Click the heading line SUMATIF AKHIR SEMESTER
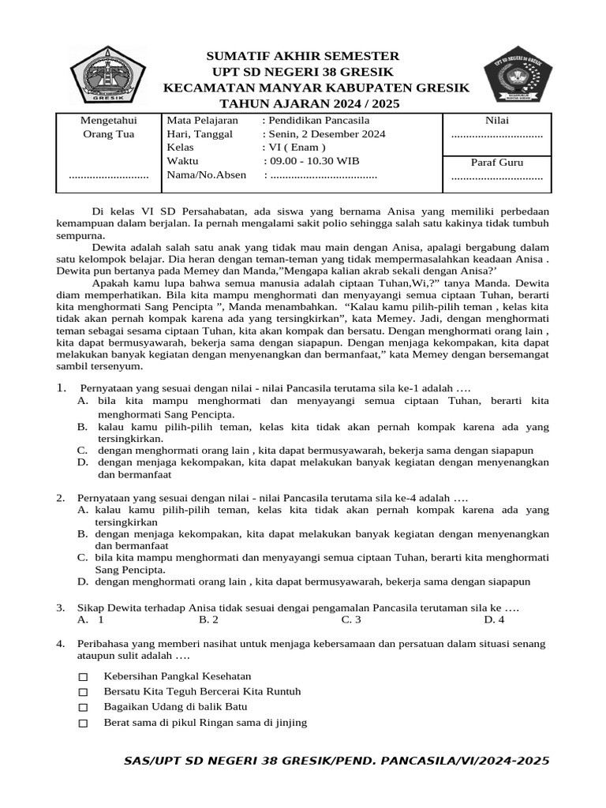point(303,56)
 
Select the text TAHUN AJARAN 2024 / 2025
point(309,103)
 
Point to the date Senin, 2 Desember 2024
point(326,134)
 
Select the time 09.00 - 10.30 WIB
point(314,161)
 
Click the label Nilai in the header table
point(496,120)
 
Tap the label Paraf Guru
point(496,163)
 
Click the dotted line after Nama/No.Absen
point(324,175)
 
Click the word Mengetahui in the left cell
point(109,120)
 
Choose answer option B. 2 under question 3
point(208,620)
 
